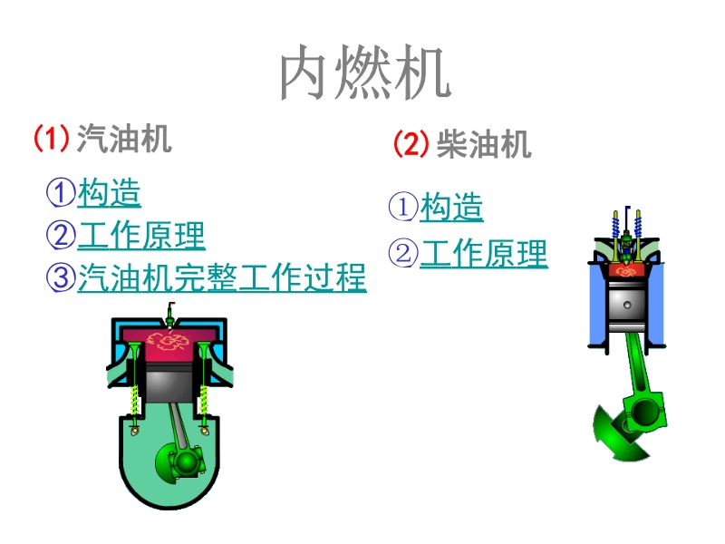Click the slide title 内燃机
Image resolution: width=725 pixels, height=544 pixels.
363,73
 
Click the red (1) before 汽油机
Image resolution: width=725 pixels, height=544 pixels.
52,139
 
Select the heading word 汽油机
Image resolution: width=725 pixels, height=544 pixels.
124,139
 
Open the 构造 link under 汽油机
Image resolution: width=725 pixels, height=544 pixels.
109,192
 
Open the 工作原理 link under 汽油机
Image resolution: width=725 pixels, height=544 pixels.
141,236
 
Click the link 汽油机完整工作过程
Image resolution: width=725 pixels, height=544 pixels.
221,277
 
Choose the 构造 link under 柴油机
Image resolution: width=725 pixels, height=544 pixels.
451,208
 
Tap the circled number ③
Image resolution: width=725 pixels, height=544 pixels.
61,277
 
